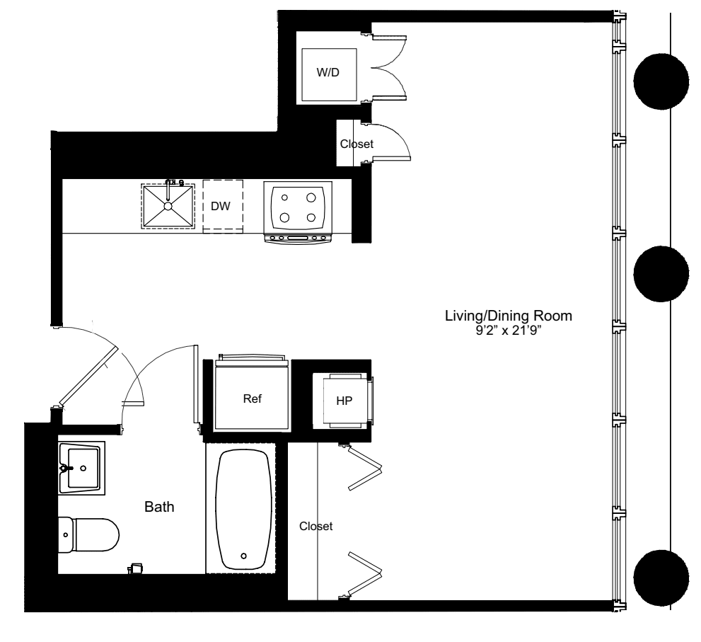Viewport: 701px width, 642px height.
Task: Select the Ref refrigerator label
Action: pos(253,399)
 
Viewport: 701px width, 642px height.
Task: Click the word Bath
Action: pos(159,507)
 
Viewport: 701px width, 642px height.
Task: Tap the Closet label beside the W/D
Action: pos(357,144)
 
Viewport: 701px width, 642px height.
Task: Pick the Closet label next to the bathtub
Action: pos(315,527)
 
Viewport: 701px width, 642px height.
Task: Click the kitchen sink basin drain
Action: pos(168,205)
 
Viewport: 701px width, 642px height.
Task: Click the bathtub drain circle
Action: pos(245,556)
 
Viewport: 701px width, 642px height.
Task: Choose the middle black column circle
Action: pos(661,275)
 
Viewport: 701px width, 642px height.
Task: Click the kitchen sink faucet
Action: pos(170,184)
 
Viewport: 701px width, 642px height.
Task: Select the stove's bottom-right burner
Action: pos(311,217)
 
